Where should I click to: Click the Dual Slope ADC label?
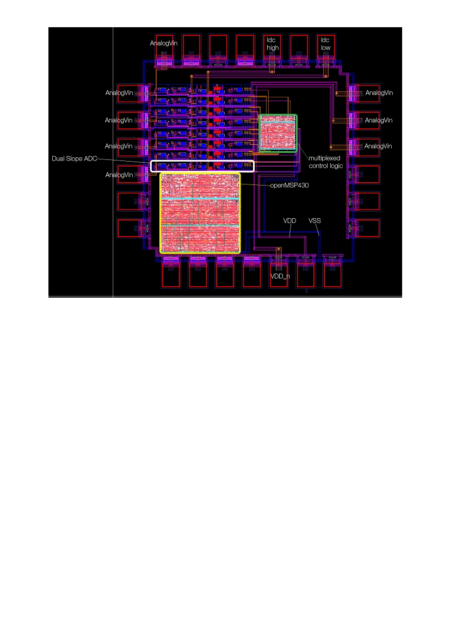tap(74, 159)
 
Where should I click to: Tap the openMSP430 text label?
tap(289, 186)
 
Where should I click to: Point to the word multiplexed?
tap(324, 158)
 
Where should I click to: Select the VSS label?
tap(315, 221)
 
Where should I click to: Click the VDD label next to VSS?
tap(289, 221)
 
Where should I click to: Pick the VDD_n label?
tap(280, 276)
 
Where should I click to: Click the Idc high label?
tap(272, 44)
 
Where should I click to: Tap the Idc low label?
tap(325, 44)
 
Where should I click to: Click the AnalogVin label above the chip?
tap(164, 44)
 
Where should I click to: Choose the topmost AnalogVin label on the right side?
tap(379, 93)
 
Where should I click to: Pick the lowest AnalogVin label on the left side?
tap(119, 175)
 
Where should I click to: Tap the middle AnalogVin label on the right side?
tap(379, 120)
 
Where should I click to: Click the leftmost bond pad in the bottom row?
tap(171, 275)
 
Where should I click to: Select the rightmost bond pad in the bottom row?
tap(332, 275)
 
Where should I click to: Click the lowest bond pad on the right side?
tap(368, 229)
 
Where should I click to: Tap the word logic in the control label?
tap(335, 166)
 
